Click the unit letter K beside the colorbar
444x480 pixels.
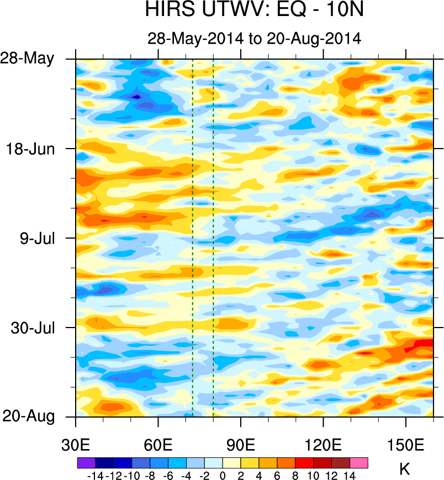pyautogui.click(x=404, y=470)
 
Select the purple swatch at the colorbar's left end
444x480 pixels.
pyautogui.click(x=86, y=463)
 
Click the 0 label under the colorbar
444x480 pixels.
pyautogui.click(x=223, y=474)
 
